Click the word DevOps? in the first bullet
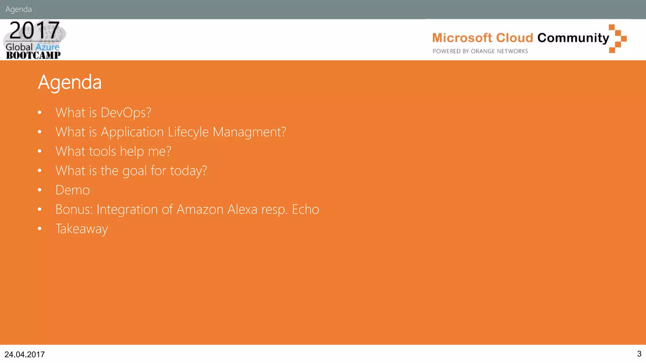[126, 113]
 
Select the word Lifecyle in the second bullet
[188, 132]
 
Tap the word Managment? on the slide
[249, 132]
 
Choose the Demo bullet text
[73, 190]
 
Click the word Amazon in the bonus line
[200, 210]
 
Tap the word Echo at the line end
[305, 210]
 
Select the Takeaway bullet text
[82, 229]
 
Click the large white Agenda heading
[70, 83]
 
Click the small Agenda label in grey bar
[19, 9]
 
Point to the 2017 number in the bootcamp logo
[34, 31]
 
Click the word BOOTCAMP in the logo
[33, 55]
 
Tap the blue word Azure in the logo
[47, 47]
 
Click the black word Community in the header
[573, 38]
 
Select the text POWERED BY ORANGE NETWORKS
[480, 51]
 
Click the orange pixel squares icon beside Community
[617, 38]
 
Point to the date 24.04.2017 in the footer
[25, 354]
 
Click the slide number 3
[639, 354]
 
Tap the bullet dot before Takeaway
[39, 229]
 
